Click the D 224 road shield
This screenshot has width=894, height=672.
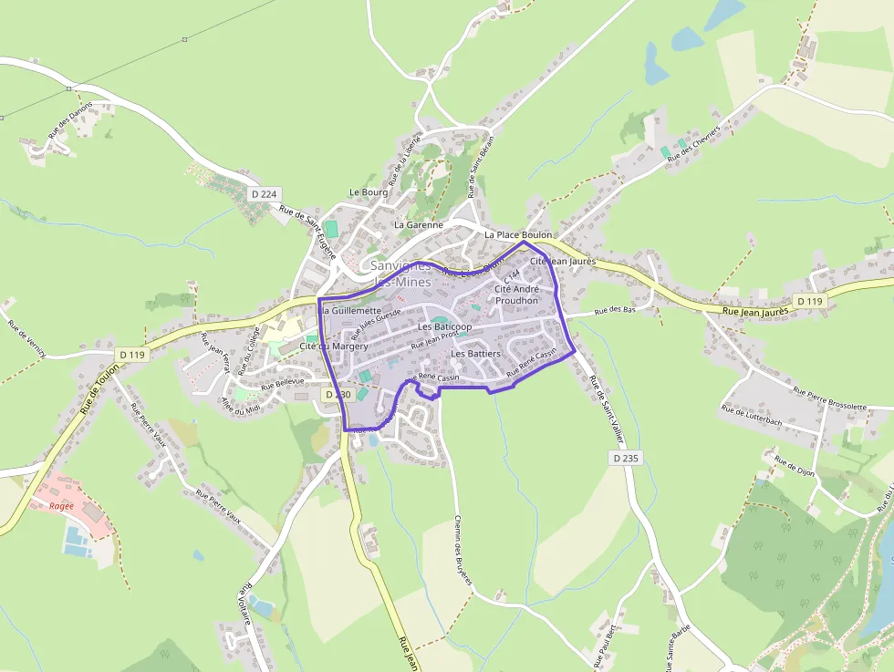(263, 194)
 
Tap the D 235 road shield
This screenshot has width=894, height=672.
(625, 458)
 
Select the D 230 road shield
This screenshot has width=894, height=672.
(337, 395)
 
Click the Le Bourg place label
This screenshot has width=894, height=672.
(369, 192)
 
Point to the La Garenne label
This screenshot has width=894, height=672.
(419, 224)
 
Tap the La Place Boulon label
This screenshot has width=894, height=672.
(518, 235)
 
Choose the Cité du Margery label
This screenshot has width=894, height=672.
(334, 346)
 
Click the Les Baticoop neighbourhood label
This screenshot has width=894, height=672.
(444, 326)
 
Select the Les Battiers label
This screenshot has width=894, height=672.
(476, 353)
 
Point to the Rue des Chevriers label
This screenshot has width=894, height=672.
(693, 143)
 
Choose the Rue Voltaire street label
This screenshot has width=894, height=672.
(245, 604)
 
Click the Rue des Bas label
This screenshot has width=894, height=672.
(614, 311)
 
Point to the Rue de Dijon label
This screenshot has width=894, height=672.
(793, 467)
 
